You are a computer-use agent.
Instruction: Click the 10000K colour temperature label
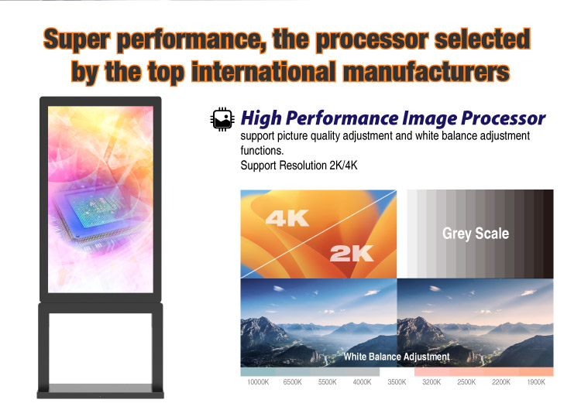[x=258, y=382]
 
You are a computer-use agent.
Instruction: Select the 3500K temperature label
[x=397, y=382]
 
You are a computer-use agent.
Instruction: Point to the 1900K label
[x=536, y=382]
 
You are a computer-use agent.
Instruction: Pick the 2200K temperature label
[x=501, y=382]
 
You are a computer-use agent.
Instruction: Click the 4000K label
[x=362, y=382]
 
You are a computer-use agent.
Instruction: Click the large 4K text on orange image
[x=287, y=219]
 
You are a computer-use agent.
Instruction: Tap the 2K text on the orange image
[x=351, y=253]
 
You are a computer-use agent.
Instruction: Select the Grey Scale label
[x=476, y=233]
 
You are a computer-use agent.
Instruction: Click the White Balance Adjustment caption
[x=397, y=357]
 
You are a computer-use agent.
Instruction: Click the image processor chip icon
[x=222, y=118]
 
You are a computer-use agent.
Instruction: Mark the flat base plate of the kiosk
[x=101, y=391]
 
